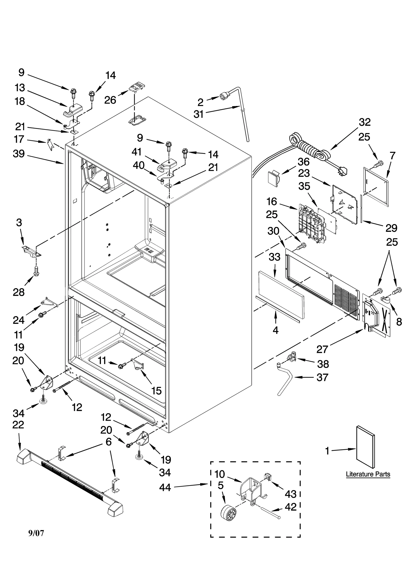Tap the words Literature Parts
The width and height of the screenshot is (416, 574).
point(368,474)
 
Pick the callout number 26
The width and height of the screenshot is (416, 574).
point(110,100)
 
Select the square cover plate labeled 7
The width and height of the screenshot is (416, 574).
point(376,187)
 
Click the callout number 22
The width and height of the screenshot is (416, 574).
point(18,425)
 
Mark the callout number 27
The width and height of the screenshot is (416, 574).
point(322,349)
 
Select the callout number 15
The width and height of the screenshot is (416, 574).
point(156,391)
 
